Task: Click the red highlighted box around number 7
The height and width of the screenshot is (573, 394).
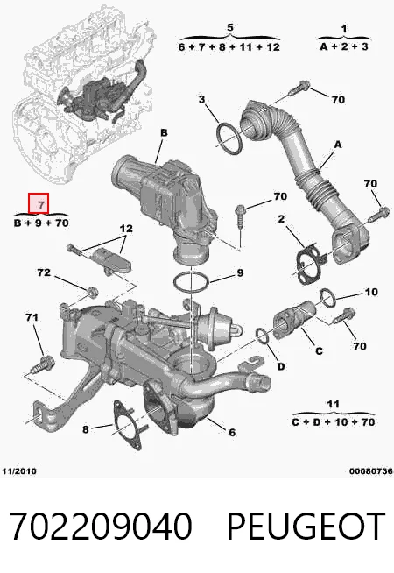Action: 39,202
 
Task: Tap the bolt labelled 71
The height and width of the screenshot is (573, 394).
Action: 43,364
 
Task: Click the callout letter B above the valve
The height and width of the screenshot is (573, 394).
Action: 164,132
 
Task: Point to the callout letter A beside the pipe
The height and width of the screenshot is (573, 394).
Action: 338,145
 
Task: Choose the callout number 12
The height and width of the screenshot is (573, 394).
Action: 126,229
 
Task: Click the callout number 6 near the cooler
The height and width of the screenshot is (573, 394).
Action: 232,432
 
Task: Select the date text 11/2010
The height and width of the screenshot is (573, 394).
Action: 19,470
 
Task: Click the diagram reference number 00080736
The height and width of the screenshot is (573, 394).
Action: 371,471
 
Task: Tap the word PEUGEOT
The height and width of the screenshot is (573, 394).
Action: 306,527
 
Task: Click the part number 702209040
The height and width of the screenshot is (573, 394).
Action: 101,527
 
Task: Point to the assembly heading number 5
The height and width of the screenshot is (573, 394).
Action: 230,27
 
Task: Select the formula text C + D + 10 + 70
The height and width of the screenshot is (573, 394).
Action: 334,422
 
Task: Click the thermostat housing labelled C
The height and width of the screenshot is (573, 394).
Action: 294,319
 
